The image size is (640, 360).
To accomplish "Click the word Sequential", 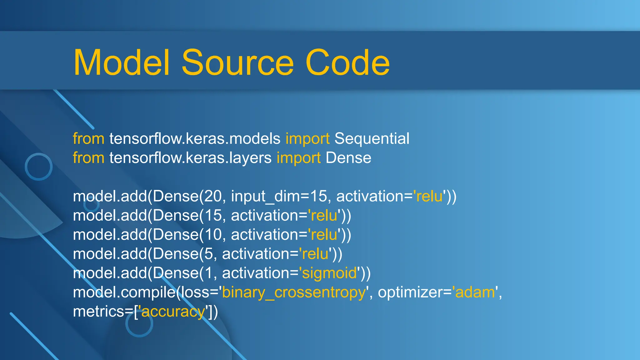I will coord(372,138).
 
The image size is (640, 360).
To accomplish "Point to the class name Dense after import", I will coord(348,158).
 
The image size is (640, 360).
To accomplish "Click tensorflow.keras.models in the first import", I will coord(195,138).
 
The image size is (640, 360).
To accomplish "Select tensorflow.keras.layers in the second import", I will coord(190,158).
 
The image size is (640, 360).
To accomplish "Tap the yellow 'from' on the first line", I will coord(88,138).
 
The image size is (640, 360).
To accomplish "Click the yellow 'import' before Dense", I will coord(298,158).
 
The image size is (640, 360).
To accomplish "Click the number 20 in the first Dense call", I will coord(213,196).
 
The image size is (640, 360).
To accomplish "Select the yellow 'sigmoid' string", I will coord(329,273).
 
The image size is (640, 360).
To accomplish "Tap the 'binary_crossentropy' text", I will coord(294,292).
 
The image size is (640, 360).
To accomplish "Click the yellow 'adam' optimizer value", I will coord(475,292).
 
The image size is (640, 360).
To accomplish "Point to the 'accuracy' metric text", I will coord(173,312).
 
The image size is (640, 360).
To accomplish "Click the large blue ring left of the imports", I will coord(39,167).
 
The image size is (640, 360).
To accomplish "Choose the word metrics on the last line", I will coord(98,312).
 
